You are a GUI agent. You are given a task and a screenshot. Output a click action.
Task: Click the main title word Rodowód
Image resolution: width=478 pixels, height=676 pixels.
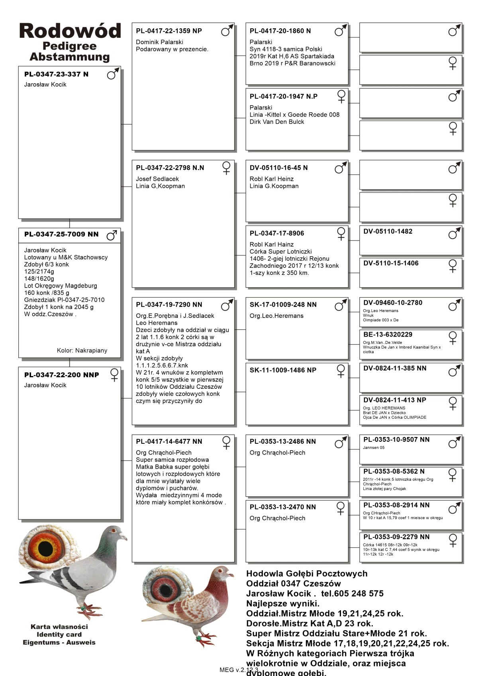70,31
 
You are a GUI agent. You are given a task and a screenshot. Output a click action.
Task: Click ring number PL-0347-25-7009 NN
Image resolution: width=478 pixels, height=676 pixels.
61,234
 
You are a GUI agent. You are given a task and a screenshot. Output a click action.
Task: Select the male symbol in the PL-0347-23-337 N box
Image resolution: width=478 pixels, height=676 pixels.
113,74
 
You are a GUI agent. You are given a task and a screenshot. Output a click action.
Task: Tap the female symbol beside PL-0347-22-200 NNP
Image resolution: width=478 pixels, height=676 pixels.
114,375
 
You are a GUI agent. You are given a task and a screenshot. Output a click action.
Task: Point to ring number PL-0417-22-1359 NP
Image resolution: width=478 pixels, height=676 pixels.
169,31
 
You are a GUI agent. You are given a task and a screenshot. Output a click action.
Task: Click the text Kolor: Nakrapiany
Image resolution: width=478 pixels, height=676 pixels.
82,351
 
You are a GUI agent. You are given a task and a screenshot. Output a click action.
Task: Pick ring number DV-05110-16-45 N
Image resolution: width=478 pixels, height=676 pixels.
279,168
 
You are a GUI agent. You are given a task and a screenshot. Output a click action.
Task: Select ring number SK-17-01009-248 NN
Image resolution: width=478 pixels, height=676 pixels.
283,305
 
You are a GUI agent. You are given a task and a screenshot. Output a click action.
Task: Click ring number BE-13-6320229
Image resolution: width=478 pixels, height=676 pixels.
388,335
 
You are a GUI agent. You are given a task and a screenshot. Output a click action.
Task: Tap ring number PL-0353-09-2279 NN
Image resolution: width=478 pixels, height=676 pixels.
396,537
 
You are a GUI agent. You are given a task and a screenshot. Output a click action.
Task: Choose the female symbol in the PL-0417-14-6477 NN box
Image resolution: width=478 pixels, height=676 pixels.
226,442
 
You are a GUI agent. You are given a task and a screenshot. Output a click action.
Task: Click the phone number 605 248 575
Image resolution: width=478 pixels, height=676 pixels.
358,594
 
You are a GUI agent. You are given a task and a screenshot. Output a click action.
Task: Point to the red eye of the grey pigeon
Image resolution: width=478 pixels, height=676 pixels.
114,531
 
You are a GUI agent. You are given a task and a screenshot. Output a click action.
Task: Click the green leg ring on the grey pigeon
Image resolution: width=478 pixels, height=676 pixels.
83,608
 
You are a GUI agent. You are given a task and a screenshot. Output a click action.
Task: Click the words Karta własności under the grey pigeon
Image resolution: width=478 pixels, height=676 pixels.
59,627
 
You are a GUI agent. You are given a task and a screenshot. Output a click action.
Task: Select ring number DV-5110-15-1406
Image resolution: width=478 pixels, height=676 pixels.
391,263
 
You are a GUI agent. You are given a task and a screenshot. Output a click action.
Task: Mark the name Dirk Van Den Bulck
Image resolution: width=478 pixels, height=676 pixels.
277,122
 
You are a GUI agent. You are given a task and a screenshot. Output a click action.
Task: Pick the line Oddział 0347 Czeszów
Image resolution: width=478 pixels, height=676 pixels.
294,584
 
